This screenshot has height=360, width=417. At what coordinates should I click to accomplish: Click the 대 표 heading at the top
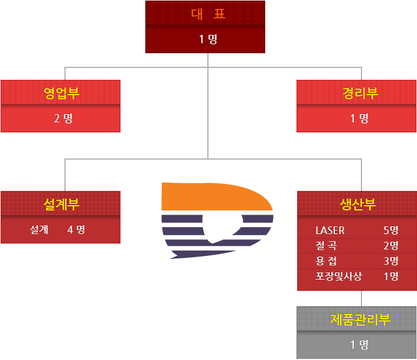208,14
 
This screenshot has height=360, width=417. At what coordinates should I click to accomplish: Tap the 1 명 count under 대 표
208,40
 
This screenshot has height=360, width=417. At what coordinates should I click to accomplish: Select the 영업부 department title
61,93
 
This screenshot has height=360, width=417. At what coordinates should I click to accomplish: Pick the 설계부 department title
61,205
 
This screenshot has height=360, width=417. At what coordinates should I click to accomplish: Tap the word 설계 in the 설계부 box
40,229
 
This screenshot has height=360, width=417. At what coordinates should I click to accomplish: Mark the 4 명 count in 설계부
76,229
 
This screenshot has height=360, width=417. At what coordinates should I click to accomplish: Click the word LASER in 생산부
330,230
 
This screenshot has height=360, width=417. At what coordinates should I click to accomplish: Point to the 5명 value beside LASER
391,230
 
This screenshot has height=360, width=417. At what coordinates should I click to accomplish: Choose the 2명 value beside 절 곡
391,245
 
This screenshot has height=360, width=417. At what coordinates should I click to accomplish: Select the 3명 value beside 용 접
391,261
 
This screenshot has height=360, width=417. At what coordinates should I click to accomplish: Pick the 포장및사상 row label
338,276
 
